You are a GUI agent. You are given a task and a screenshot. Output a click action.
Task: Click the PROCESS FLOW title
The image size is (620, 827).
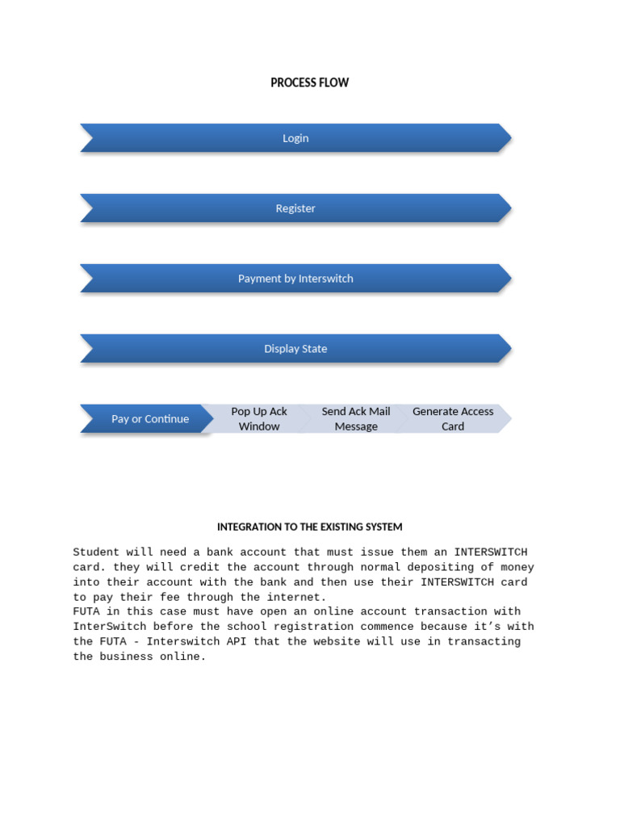coord(310,82)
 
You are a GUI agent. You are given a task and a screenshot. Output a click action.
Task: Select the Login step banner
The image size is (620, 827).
coord(295,138)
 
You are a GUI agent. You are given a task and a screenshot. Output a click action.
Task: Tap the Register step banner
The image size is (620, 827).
coord(295,208)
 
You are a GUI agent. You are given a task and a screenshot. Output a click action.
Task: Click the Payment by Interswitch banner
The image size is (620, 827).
coord(295,279)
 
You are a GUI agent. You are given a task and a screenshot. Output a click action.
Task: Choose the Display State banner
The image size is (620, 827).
coord(295,349)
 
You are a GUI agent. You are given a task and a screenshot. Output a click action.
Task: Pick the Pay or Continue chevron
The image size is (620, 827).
coord(149,419)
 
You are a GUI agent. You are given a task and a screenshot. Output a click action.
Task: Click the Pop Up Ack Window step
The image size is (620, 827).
coord(259,419)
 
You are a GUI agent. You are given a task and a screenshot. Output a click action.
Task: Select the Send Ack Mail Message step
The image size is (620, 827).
coord(356,419)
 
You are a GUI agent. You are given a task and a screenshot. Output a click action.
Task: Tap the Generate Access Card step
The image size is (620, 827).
coord(453,419)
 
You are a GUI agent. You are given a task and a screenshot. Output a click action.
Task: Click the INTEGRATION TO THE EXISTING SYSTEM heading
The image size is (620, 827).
coord(310,527)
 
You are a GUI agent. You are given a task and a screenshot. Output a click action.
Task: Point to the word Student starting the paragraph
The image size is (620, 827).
coord(96,552)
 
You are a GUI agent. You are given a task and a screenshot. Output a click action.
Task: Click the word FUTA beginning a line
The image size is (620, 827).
coord(86,612)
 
